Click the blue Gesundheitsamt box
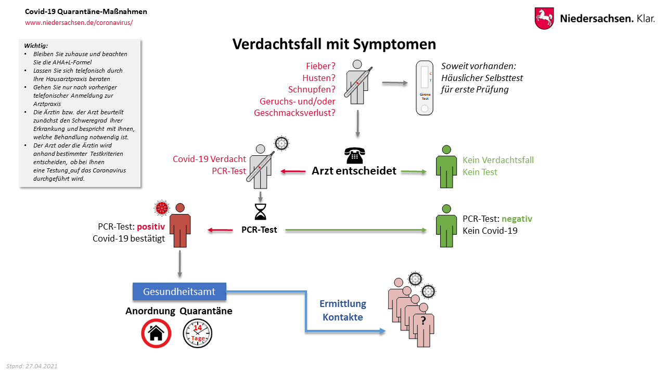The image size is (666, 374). tap(179, 291)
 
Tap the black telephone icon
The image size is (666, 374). tap(354, 155)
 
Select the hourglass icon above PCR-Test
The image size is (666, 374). tap(259, 212)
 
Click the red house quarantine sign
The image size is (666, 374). tap(156, 333)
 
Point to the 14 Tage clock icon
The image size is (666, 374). tap(198, 333)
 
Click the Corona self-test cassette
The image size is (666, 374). tap(425, 87)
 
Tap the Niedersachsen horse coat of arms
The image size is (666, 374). tap(544, 18)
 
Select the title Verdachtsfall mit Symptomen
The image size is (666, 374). tap(334, 44)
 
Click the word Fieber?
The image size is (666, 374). tap(320, 66)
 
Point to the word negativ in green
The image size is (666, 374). tap(517, 219)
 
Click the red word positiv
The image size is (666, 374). tap(151, 227)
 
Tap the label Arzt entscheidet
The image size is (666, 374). tap(354, 171)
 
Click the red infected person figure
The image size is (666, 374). tap(180, 225)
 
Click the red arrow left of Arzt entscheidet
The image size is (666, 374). tap(293, 171)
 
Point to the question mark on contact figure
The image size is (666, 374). tap(423, 320)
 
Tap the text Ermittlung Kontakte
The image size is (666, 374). tap(342, 310)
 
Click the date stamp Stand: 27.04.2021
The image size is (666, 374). tap(32, 366)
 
